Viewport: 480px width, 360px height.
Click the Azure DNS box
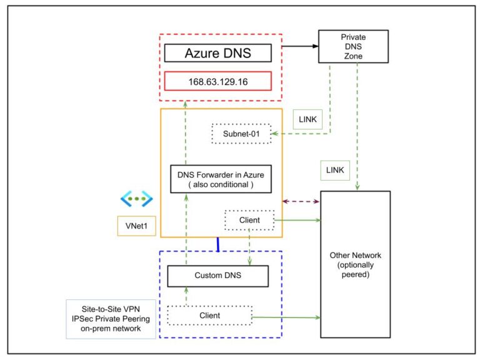click(x=217, y=52)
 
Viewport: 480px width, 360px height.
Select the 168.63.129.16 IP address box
click(x=217, y=82)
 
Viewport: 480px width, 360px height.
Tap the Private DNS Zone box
click(x=349, y=46)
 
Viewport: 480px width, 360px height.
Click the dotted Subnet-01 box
click(x=242, y=134)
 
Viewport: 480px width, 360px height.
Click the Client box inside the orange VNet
click(x=249, y=220)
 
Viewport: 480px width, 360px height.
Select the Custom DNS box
click(x=217, y=276)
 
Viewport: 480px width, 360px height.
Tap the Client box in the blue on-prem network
click(x=209, y=316)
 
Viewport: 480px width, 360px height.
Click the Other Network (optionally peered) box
click(x=355, y=264)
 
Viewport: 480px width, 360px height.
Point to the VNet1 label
click(x=136, y=226)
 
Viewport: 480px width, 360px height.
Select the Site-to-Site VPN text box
click(x=111, y=319)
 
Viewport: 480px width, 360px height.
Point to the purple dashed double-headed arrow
click(x=301, y=201)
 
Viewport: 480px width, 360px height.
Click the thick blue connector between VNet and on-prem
click(x=217, y=244)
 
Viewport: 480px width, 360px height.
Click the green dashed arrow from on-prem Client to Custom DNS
click(x=186, y=296)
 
